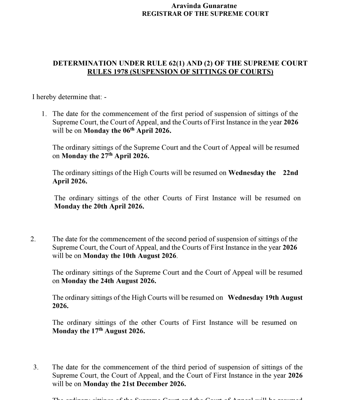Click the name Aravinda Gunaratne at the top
(x=204, y=6)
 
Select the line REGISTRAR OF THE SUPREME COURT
(x=205, y=14)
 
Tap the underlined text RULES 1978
(x=107, y=72)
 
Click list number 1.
(x=44, y=114)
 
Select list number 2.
(x=33, y=239)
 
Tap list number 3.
(x=36, y=368)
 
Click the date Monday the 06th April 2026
(x=127, y=131)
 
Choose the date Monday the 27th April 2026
(x=105, y=156)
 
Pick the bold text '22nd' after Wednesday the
(x=291, y=173)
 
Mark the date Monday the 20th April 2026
(x=99, y=207)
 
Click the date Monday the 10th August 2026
(x=130, y=256)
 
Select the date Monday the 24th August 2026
(x=109, y=281)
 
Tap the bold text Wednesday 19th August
(x=265, y=298)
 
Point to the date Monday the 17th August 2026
(x=99, y=331)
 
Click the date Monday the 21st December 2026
(x=134, y=384)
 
